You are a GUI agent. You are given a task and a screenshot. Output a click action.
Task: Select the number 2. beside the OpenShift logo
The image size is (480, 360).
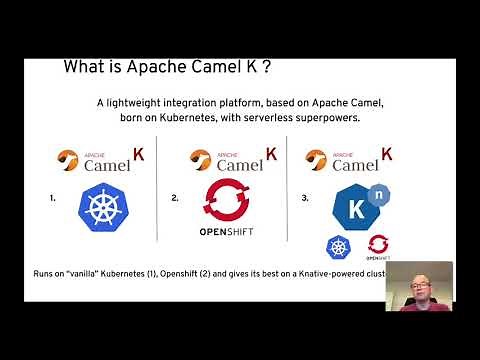click(176, 199)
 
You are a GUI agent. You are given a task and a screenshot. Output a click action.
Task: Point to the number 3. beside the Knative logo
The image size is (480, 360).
click(304, 199)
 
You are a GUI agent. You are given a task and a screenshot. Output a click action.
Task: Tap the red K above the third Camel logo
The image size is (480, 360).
click(385, 154)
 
